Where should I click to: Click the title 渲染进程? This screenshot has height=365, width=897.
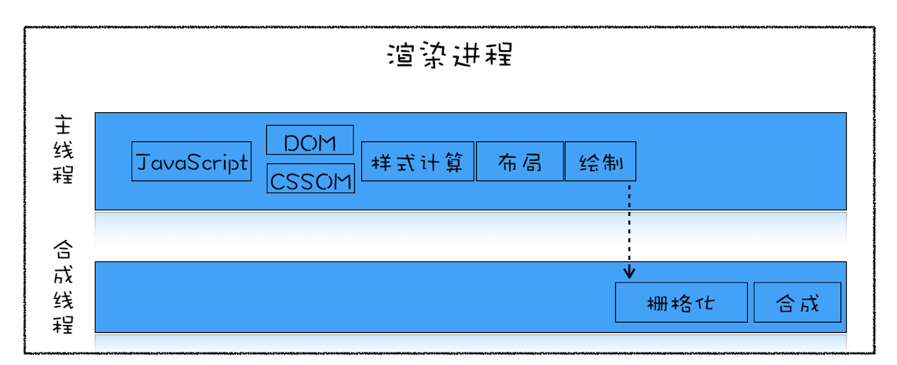(450, 56)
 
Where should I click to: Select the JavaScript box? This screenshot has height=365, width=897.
(192, 162)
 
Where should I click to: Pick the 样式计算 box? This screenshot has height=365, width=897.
(417, 162)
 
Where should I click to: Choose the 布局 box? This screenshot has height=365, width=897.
(519, 162)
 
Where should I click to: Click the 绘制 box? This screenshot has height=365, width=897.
(601, 162)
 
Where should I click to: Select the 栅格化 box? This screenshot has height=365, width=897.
(681, 302)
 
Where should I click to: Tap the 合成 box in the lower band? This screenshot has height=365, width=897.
(798, 302)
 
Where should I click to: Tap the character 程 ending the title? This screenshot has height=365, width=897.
(498, 56)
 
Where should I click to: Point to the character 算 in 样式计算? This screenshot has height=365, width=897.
(461, 162)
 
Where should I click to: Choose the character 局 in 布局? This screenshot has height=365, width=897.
(532, 162)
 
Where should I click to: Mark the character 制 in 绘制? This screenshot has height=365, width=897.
(613, 162)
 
